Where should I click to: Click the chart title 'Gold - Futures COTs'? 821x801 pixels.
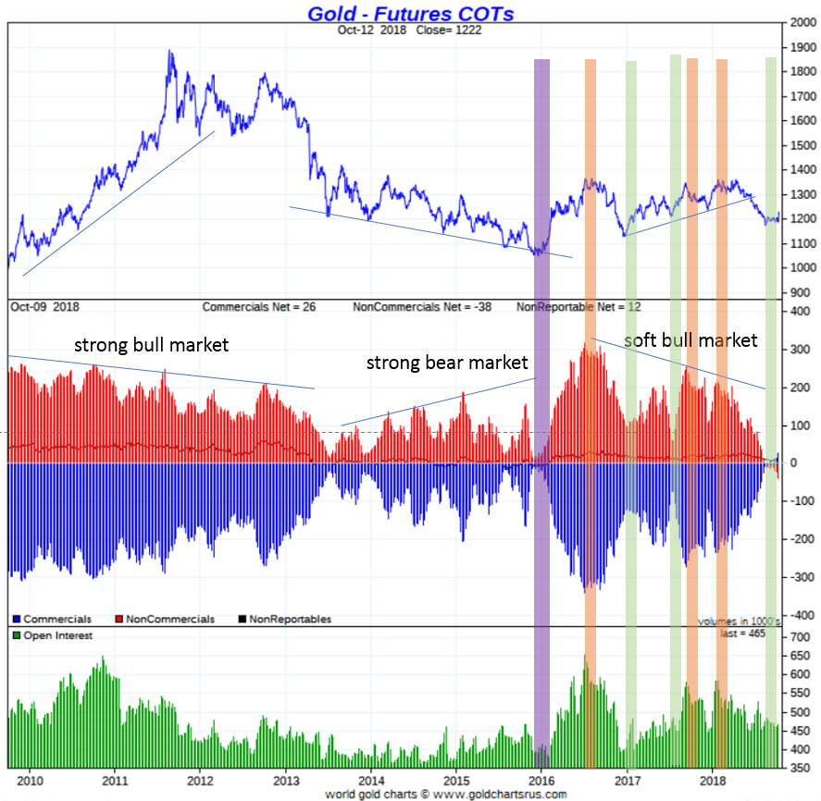(410, 13)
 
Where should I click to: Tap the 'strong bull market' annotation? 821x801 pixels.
(151, 345)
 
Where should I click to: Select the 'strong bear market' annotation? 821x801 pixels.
(447, 362)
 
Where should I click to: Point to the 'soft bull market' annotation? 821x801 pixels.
(690, 340)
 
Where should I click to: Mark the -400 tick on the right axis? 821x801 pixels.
(800, 615)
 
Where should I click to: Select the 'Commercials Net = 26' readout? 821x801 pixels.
(259, 306)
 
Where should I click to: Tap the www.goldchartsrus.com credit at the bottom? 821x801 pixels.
(500, 794)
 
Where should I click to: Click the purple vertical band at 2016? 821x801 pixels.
(541, 416)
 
